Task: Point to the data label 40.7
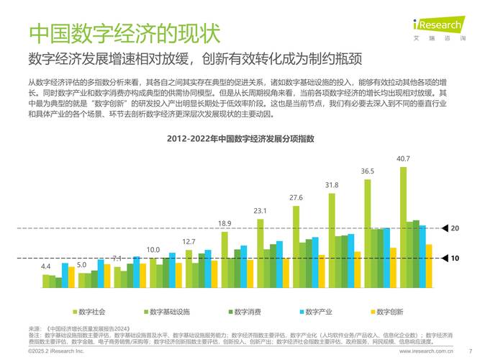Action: pyautogui.click(x=403, y=158)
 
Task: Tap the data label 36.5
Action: pyautogui.click(x=367, y=171)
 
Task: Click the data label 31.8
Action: pyautogui.click(x=331, y=184)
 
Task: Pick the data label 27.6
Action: pyautogui.click(x=296, y=197)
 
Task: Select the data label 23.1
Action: pyautogui.click(x=260, y=210)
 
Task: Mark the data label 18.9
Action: pyautogui.click(x=225, y=223)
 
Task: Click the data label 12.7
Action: pyautogui.click(x=189, y=241)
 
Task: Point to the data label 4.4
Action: pyautogui.click(x=46, y=266)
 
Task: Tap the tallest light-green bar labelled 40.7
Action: pyautogui.click(x=403, y=228)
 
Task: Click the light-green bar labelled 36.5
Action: pyautogui.click(x=367, y=233)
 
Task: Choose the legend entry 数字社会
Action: pyautogui.click(x=90, y=312)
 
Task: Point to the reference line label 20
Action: pyautogui.click(x=454, y=228)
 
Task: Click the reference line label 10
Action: pyautogui.click(x=454, y=258)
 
